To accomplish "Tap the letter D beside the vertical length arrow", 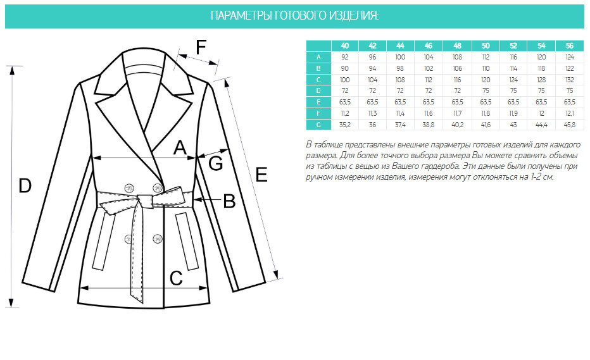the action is tap(25, 186).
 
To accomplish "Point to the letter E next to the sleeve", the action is tap(261, 175).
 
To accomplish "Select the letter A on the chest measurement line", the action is tap(180, 147).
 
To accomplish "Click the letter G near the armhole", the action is tap(216, 164).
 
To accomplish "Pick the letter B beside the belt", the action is tap(229, 201).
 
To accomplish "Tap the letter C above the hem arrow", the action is tap(176, 278).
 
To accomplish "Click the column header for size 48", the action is tap(457, 46).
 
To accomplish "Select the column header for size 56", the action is tap(569, 46).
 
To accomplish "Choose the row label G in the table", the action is tap(318, 125).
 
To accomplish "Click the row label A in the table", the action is tap(318, 57).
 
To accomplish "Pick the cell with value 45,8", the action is tap(569, 125).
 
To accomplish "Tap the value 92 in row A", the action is tap(344, 57).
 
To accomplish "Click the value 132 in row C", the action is tap(569, 80).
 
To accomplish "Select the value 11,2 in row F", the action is tap(344, 114).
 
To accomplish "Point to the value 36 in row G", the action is tap(372, 125).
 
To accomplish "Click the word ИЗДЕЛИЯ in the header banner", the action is tap(354, 16).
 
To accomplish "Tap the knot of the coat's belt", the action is tap(144, 201).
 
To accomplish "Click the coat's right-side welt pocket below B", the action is tap(187, 241).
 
